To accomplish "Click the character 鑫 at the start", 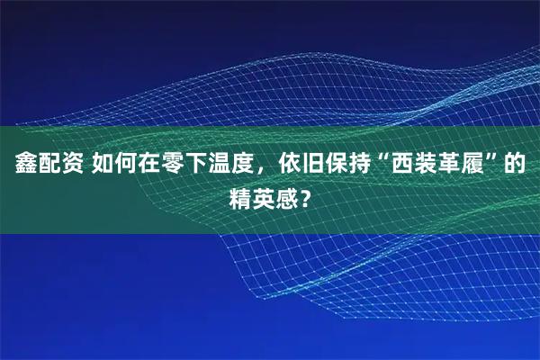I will [24, 165].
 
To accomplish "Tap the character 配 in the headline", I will [49, 165].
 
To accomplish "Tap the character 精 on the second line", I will [241, 195].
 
